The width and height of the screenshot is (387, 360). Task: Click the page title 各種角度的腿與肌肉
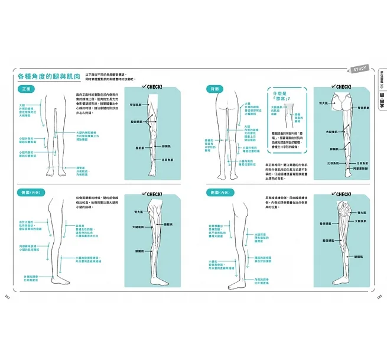coord(51,77)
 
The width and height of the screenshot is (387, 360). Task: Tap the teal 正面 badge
coord(26,89)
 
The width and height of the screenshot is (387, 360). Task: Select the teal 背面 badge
coord(209,89)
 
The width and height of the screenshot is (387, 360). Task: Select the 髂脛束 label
coord(168,225)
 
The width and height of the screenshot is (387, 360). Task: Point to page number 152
coord(6,296)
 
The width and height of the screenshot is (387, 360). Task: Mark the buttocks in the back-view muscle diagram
coord(343,104)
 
